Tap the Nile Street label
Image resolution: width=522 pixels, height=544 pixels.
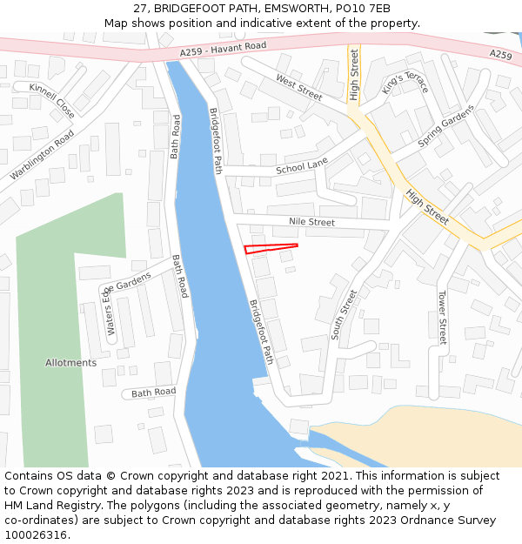pyautogui.click(x=311, y=223)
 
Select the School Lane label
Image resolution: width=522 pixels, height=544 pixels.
pyautogui.click(x=302, y=165)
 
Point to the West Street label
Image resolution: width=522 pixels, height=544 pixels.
pyautogui.click(x=299, y=87)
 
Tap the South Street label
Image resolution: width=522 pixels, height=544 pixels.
pyautogui.click(x=345, y=314)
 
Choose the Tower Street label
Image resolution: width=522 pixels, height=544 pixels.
pyautogui.click(x=442, y=318)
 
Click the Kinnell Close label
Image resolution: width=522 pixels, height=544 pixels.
pyautogui.click(x=52, y=100)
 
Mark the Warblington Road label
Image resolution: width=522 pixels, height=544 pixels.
pyautogui.click(x=42, y=155)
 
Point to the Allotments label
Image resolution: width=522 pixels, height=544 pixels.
pyautogui.click(x=71, y=363)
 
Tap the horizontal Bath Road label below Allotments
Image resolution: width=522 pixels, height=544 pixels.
pyautogui.click(x=154, y=393)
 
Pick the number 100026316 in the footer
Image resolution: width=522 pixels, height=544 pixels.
pyautogui.click(x=36, y=535)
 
